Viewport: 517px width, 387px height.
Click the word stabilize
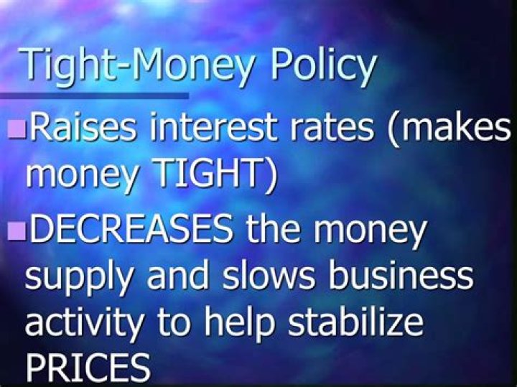point(355,321)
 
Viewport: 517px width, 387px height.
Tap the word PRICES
point(88,367)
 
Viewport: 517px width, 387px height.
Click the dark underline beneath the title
point(94,95)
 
